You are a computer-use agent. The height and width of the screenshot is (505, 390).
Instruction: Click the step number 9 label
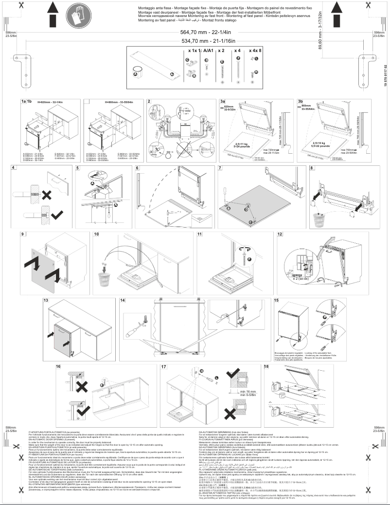coord(22,234)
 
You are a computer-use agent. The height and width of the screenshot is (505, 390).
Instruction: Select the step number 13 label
coord(45,301)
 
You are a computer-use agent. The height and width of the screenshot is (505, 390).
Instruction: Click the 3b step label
coord(300,101)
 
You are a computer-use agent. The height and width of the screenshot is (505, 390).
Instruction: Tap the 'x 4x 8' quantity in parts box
coord(254,50)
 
